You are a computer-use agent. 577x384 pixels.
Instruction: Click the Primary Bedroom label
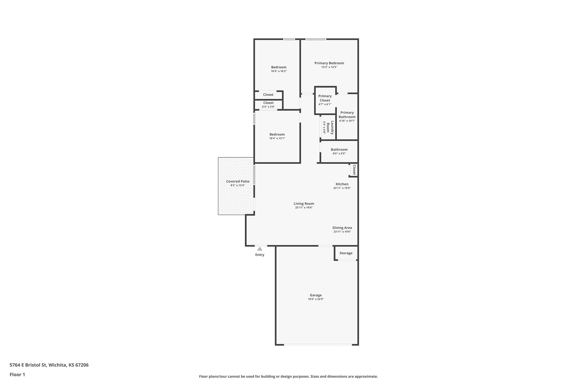click(329, 63)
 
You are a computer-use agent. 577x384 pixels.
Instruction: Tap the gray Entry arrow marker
click(260, 249)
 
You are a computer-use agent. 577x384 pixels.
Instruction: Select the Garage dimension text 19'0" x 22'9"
click(316, 299)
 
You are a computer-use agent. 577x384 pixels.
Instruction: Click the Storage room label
click(346, 253)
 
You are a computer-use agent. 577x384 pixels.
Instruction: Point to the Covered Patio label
click(238, 181)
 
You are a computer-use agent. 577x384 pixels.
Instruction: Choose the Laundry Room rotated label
click(330, 127)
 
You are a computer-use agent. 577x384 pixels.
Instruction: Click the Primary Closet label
click(325, 98)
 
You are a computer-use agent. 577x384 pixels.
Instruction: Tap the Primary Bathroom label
click(347, 114)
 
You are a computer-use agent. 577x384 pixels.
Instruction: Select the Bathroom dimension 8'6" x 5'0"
click(339, 154)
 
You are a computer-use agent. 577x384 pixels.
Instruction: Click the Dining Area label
click(342, 228)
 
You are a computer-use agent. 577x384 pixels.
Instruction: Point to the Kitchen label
click(342, 184)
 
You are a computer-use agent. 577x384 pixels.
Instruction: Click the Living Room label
click(304, 204)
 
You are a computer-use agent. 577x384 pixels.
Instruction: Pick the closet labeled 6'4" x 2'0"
click(268, 104)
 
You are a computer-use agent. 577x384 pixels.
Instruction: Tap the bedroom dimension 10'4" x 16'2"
click(279, 71)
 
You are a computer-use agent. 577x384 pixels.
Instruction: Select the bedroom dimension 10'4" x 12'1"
click(277, 138)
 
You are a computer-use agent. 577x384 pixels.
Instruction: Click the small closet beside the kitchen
click(354, 170)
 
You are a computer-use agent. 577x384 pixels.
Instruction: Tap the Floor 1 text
click(17, 375)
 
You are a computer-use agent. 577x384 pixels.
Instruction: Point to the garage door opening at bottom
click(318, 345)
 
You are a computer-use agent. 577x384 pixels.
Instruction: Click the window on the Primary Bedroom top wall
click(316, 39)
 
